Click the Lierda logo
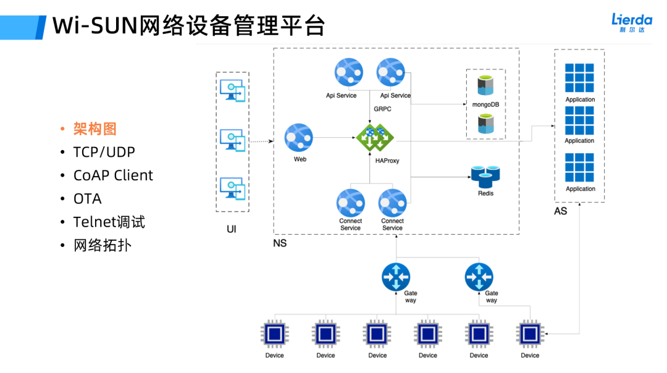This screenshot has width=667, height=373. (x=631, y=23)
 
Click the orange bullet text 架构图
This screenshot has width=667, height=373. (x=94, y=128)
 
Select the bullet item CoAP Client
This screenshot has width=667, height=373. (x=113, y=175)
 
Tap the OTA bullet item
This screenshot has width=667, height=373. (x=87, y=199)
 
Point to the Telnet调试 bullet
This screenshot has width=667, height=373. (x=109, y=222)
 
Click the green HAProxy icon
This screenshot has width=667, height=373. (x=375, y=138)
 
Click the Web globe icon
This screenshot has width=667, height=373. (x=299, y=137)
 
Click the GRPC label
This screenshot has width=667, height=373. (x=382, y=109)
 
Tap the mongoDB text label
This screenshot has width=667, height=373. (x=486, y=104)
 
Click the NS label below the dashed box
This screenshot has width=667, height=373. (x=280, y=243)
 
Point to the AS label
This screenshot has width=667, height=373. (x=560, y=211)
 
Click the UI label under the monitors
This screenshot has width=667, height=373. (x=232, y=229)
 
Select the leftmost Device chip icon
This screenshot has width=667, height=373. (x=275, y=334)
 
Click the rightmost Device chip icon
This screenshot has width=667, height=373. (x=530, y=334)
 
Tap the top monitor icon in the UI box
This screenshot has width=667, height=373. (x=233, y=90)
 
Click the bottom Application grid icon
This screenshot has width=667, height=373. (x=579, y=167)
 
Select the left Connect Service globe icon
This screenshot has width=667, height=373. (x=350, y=203)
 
